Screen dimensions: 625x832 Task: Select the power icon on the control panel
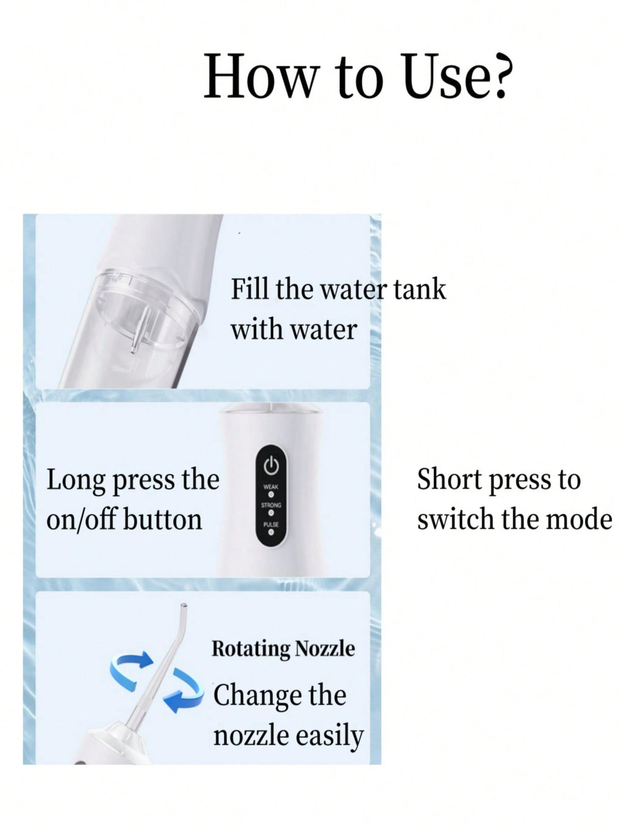click(271, 465)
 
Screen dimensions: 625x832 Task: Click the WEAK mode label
click(271, 487)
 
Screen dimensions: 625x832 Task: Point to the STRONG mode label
click(271, 506)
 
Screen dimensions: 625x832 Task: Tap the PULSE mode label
click(271, 525)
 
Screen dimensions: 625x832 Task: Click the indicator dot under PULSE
click(271, 532)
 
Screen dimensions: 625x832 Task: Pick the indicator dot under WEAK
click(271, 494)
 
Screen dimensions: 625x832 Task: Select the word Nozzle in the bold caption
click(325, 648)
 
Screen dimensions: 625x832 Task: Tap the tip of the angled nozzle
click(184, 605)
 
